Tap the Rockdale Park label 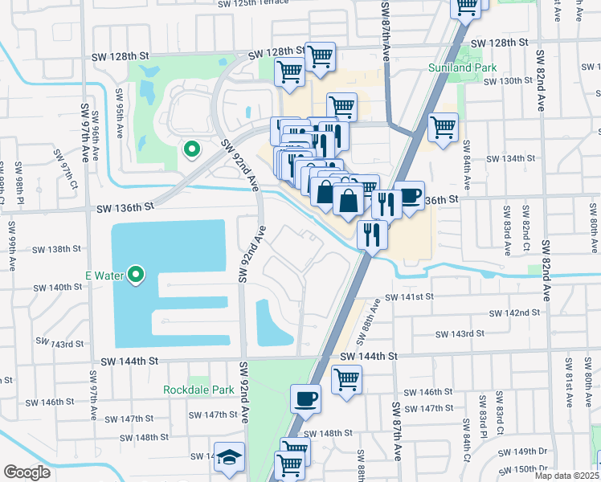tap(198, 390)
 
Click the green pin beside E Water tap(136, 276)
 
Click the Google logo tap(27, 472)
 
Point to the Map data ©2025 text tap(566, 476)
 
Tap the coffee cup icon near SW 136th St tap(410, 196)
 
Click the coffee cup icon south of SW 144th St tap(306, 398)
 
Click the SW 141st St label tap(409, 296)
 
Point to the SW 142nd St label tap(514, 312)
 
